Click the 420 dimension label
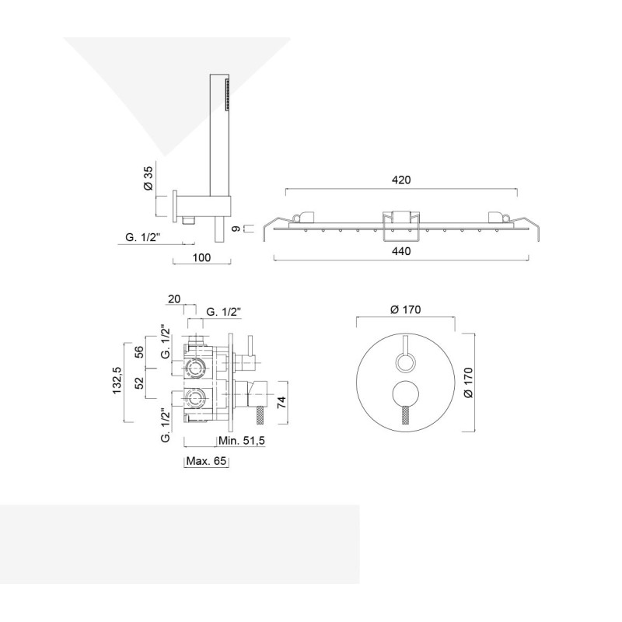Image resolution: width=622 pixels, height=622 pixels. [401, 180]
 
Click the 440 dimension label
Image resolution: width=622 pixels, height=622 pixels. [401, 251]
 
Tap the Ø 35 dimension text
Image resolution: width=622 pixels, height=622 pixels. [148, 178]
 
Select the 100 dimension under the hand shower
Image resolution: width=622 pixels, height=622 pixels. [201, 257]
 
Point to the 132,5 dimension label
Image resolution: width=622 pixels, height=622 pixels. [117, 380]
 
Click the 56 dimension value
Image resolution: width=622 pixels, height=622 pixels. [139, 352]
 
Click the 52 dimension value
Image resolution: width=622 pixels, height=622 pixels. [139, 383]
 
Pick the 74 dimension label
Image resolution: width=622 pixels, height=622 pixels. [281, 403]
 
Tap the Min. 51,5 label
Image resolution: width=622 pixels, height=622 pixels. [242, 440]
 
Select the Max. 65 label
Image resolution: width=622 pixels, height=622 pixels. [206, 461]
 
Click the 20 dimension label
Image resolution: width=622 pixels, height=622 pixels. [174, 299]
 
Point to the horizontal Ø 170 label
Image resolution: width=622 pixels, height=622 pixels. [405, 309]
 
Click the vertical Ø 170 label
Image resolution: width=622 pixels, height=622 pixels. [468, 383]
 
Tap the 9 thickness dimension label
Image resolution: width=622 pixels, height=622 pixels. [236, 229]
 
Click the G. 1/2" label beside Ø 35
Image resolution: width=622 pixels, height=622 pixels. [143, 237]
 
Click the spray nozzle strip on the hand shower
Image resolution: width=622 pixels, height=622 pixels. [227, 94]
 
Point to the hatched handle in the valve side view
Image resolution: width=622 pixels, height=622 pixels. [260, 416]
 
